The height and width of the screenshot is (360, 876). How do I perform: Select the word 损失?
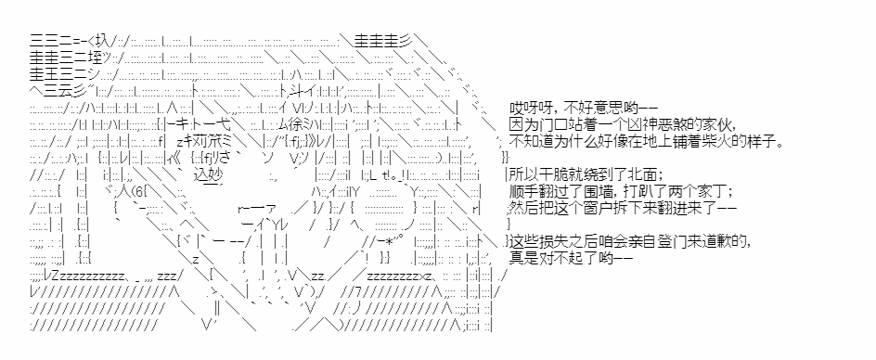tap(549, 242)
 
